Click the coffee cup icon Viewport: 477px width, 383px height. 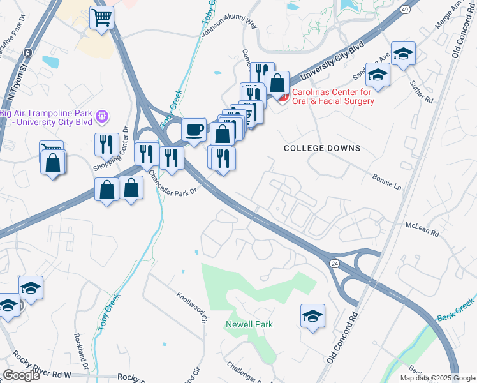194,130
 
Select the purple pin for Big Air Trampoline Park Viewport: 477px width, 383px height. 101,117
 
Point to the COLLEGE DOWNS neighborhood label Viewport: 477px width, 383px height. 322,148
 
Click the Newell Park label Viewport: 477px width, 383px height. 249,324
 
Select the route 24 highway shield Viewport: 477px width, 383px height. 334,263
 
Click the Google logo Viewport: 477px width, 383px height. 21,375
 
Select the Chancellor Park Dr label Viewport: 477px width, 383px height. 171,183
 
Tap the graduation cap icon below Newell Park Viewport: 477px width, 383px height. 312,316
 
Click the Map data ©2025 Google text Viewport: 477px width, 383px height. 437,378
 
